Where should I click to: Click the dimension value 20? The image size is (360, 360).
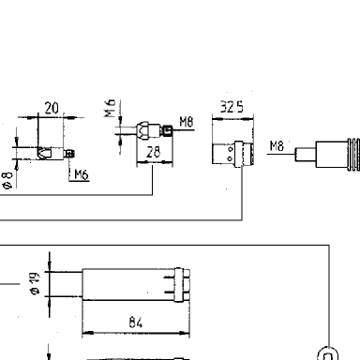[x=52, y=108]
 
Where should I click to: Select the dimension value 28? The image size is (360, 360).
[x=153, y=152]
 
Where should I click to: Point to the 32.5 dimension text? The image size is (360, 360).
[x=232, y=107]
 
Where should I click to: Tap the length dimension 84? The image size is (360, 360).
[x=136, y=322]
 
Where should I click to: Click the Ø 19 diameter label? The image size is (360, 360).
[x=35, y=283]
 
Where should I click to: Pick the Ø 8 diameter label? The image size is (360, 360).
[x=7, y=181]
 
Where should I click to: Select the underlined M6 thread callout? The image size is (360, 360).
[x=82, y=175]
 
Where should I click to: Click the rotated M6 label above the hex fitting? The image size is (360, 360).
[x=110, y=108]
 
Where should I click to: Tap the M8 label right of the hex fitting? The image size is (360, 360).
[x=187, y=122]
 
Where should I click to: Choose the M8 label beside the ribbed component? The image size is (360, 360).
[x=277, y=146]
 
